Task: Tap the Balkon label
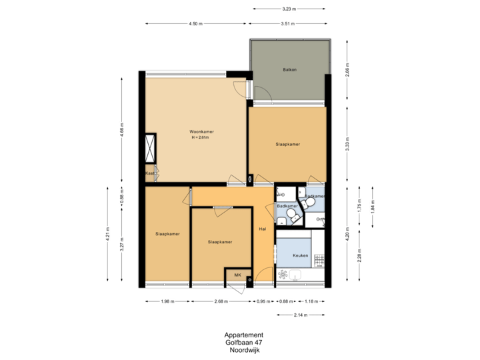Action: pos(289,69)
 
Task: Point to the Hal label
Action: pos(263,229)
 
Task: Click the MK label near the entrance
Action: pos(237,274)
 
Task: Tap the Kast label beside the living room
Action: pos(150,173)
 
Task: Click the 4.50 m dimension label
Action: pos(195,23)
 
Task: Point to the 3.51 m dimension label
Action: pos(288,23)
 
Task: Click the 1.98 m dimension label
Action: pos(167,301)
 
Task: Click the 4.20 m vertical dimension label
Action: pos(347,234)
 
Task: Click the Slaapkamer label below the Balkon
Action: pos(287,144)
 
